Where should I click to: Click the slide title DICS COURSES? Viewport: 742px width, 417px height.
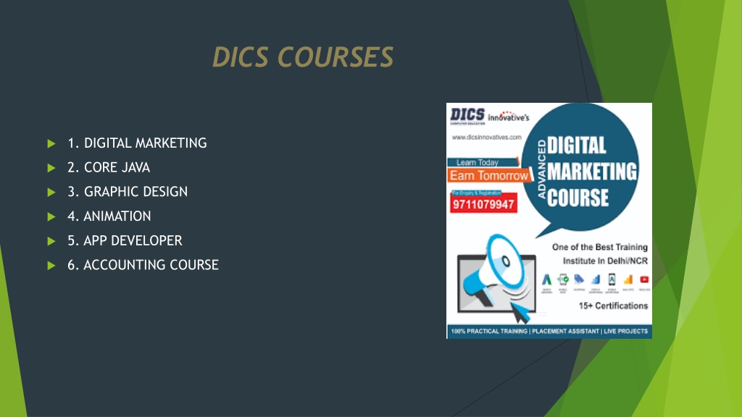[x=303, y=56]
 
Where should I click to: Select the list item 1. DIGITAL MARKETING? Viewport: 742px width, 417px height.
[x=137, y=143]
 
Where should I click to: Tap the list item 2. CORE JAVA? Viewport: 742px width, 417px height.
[x=109, y=167]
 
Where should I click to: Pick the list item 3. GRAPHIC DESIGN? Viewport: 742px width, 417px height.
[x=128, y=192]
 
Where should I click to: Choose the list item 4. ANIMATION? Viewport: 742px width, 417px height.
[x=109, y=216]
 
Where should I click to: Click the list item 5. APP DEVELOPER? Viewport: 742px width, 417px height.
[x=125, y=240]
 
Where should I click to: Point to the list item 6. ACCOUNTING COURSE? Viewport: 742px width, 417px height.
[x=143, y=265]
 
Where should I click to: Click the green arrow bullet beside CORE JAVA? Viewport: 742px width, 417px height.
[x=51, y=168]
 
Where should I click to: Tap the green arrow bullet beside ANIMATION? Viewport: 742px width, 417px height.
[x=51, y=216]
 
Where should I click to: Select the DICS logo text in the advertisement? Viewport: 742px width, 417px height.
[x=467, y=115]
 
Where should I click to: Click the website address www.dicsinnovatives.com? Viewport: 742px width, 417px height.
[x=487, y=137]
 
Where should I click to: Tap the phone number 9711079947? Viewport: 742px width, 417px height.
[x=483, y=204]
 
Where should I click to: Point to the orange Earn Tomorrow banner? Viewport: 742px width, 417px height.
[x=489, y=176]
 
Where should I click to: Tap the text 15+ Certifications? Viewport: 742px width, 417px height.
[x=613, y=306]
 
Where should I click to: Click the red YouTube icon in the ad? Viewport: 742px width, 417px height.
[x=643, y=279]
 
